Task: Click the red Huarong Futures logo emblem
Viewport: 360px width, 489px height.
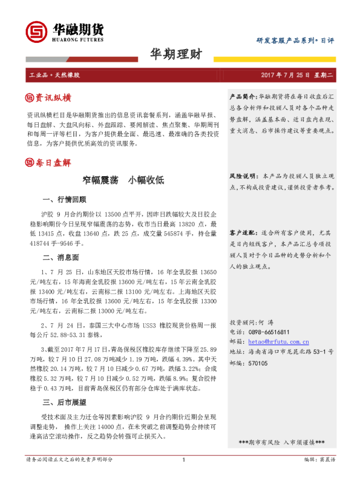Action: tap(36, 32)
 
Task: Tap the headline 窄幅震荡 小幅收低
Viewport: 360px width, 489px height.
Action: tap(123, 180)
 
